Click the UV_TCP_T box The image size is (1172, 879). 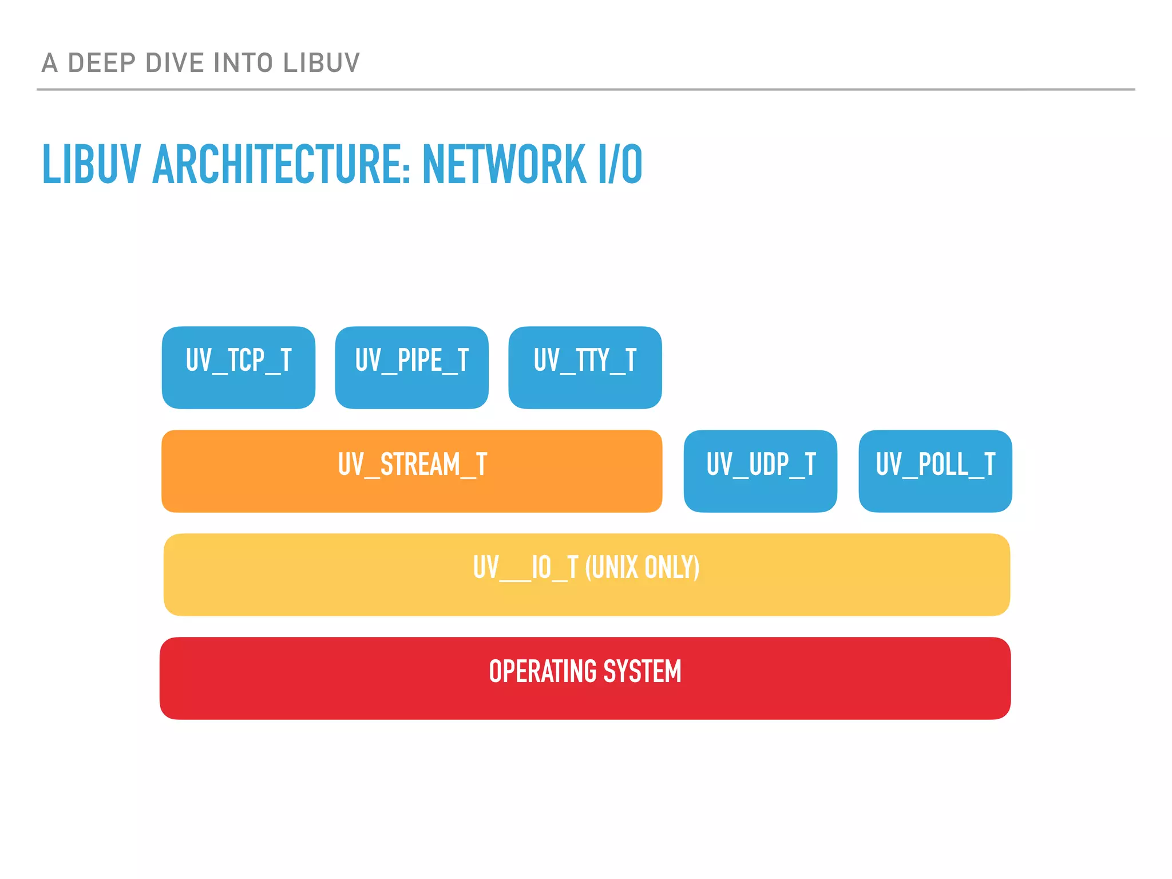(x=239, y=367)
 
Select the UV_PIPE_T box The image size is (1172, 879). (x=411, y=367)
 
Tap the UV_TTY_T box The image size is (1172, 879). (x=585, y=367)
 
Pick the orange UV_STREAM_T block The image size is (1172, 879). (x=411, y=471)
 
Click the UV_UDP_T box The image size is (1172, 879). (x=760, y=471)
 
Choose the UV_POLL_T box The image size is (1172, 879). (x=935, y=471)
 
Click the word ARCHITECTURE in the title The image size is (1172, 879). (x=281, y=165)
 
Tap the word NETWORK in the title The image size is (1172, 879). (x=504, y=165)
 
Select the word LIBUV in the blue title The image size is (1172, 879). (x=91, y=165)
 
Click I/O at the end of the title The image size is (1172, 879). (x=620, y=165)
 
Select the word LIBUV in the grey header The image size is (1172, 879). (x=321, y=63)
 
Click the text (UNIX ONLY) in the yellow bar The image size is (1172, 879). (x=642, y=568)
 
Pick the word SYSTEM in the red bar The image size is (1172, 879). (x=642, y=671)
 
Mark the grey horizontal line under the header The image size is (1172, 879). (x=585, y=89)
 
